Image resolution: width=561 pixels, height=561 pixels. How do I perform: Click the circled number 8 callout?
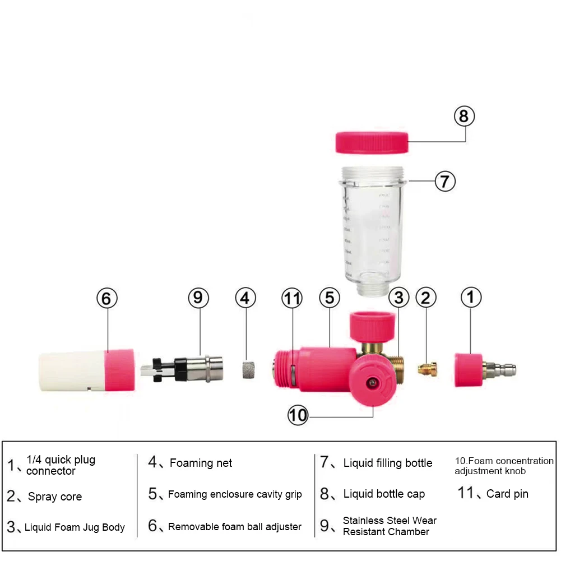(463, 117)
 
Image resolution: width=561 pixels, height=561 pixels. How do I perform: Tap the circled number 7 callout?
(445, 181)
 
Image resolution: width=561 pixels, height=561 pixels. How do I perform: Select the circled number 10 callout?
(298, 415)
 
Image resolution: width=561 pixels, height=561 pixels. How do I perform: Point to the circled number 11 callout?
(292, 298)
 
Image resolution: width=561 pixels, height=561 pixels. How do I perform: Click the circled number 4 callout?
(245, 298)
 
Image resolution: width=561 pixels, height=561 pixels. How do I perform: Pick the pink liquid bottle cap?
(371, 142)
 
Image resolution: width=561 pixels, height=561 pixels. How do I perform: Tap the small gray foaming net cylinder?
(245, 370)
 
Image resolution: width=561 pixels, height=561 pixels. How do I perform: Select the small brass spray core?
(427, 369)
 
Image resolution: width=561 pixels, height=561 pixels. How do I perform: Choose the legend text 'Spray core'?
(55, 497)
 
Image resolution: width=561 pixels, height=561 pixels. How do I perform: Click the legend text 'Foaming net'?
(201, 463)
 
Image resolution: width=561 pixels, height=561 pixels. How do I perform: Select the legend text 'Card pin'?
(507, 494)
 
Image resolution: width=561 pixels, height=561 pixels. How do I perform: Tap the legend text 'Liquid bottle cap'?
(384, 494)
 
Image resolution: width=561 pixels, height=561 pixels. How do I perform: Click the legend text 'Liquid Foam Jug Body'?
(75, 527)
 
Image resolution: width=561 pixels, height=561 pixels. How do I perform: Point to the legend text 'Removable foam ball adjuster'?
(234, 526)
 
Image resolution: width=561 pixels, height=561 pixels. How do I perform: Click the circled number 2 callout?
(426, 298)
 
